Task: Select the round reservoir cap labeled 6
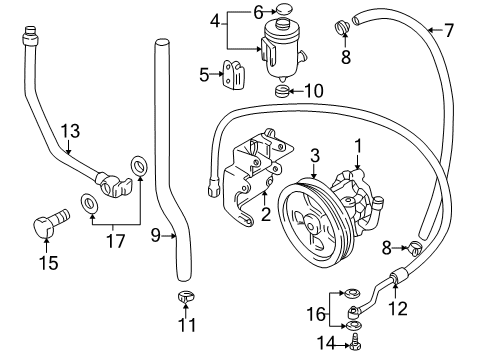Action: pos(284,12)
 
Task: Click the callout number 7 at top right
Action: pos(449,30)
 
